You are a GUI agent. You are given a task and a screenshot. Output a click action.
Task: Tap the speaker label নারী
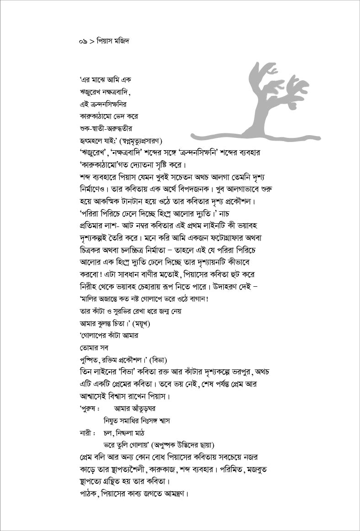click(x=86, y=432)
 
